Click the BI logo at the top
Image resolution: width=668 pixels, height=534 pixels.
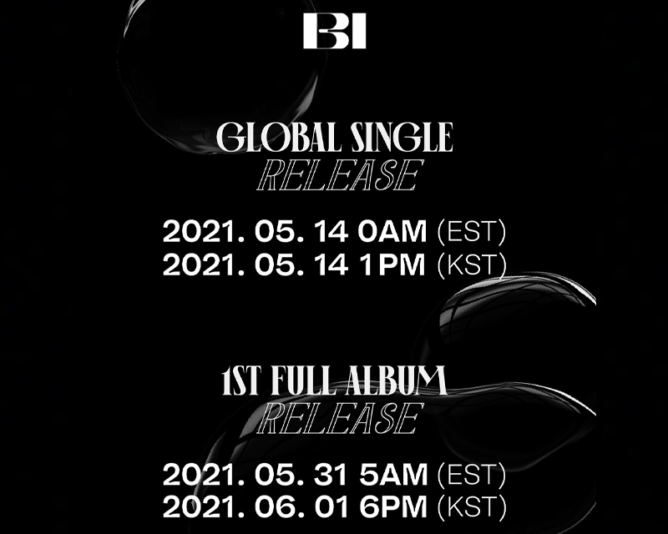tap(334, 31)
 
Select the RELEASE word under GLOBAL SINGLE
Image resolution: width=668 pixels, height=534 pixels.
tap(334, 176)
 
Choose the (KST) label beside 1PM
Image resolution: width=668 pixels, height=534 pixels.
tap(472, 264)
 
